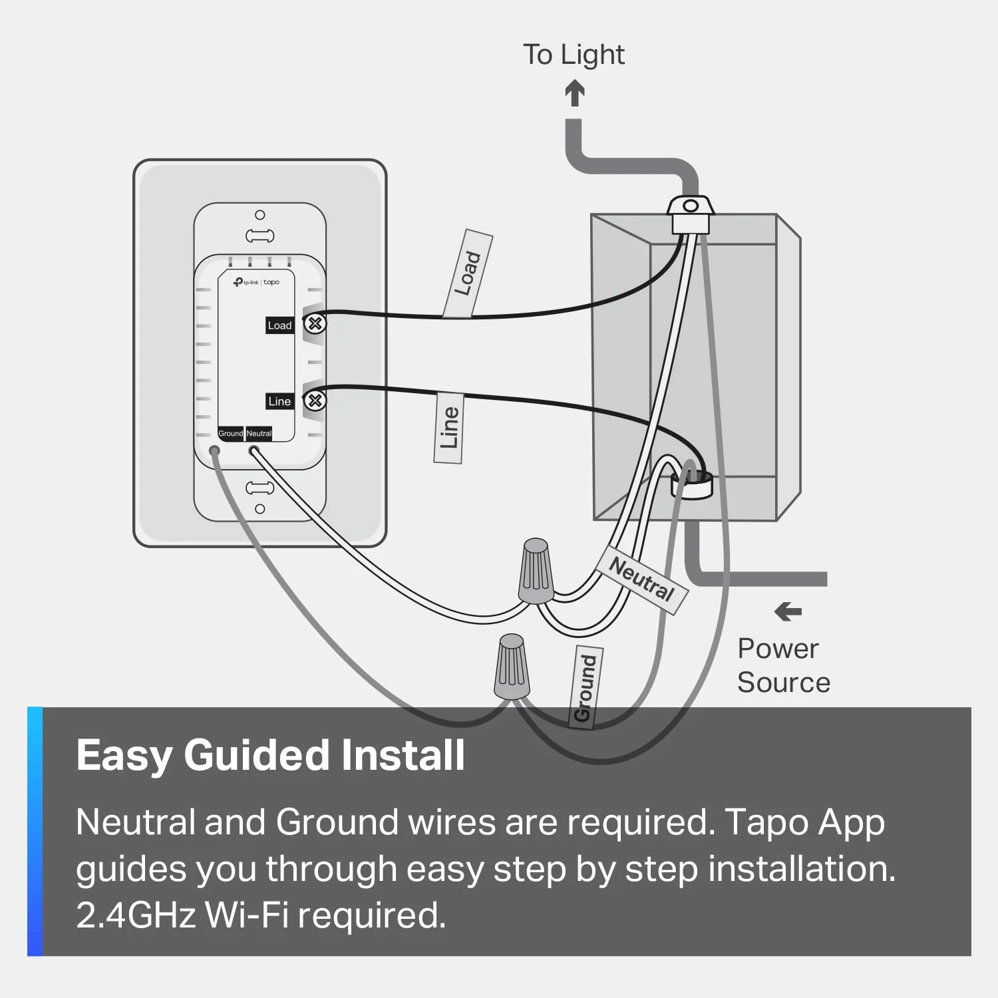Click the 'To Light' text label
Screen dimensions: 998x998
573,55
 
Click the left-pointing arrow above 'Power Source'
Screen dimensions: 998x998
788,611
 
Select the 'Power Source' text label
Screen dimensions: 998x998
783,665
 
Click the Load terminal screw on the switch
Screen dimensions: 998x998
315,324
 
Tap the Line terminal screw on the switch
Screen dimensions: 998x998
315,401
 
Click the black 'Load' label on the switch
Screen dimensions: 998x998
279,325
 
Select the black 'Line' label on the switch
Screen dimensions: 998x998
279,401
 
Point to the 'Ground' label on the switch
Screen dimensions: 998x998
231,433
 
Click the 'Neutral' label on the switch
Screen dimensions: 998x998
259,433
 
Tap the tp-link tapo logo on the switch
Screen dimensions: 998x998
256,282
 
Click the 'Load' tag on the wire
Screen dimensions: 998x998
468,273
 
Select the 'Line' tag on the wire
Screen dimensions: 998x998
449,428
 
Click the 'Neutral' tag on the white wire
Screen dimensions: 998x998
642,580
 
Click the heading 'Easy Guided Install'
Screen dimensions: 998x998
270,755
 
